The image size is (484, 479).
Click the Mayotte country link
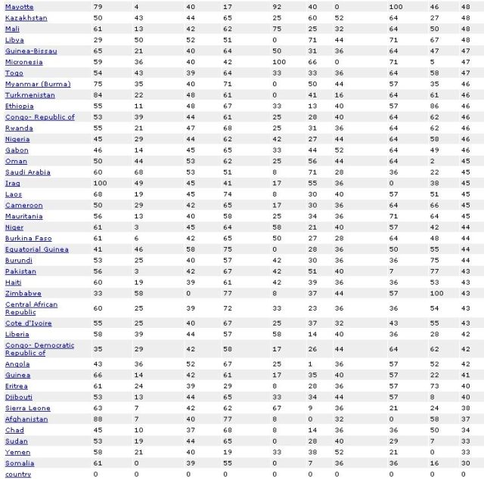[x=19, y=7]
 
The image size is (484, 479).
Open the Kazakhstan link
[x=26, y=17]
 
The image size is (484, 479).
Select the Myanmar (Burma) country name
[x=38, y=84]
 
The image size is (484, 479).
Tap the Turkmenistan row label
[x=26, y=95]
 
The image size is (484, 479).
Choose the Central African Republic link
[x=31, y=308]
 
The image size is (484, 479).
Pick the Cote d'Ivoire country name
[x=28, y=323]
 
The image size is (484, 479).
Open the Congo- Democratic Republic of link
[x=39, y=349]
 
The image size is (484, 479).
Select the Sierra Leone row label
[x=26, y=408]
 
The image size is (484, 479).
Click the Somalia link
[x=20, y=463]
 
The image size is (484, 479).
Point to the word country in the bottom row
[x=18, y=474]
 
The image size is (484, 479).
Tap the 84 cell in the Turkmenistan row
[x=98, y=95]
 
